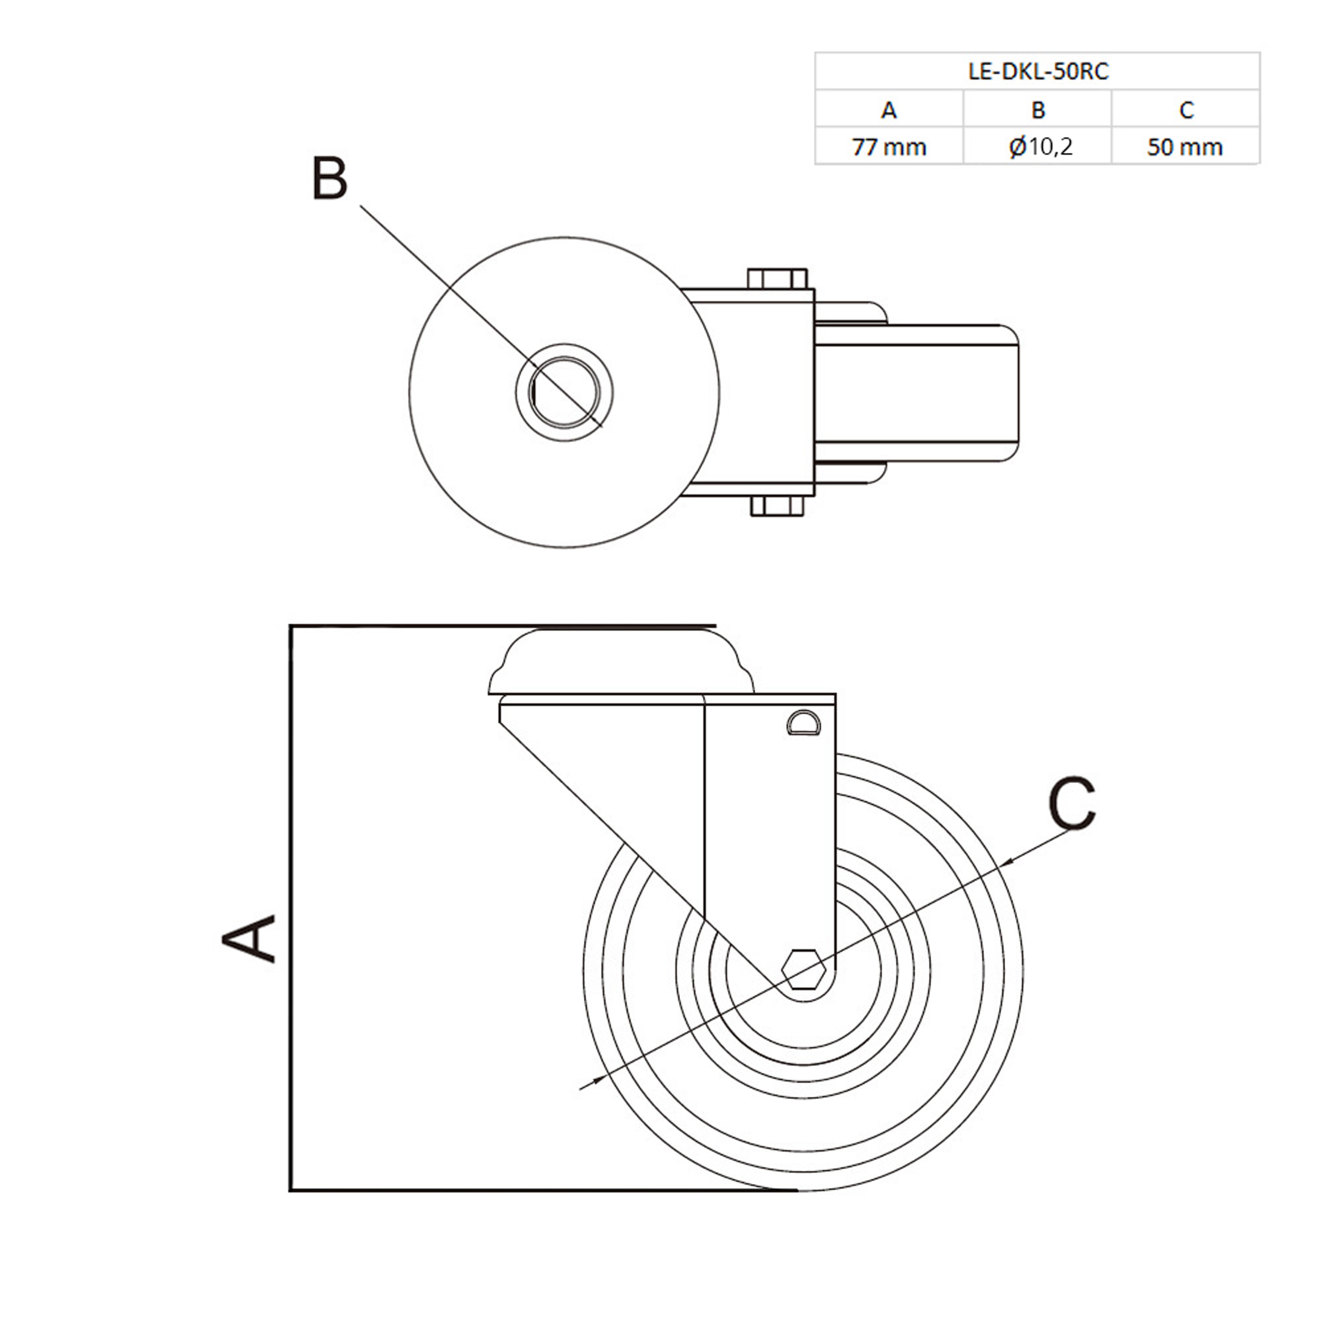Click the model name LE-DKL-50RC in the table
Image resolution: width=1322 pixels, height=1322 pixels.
click(x=1038, y=71)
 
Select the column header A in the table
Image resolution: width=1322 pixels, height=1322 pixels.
click(x=888, y=109)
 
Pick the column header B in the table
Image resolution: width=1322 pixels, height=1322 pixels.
click(x=1038, y=109)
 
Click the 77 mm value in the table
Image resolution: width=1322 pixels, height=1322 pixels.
click(x=888, y=146)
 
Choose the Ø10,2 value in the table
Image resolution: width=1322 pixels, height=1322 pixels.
click(x=1040, y=146)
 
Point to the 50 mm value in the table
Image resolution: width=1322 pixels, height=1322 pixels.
click(x=1185, y=146)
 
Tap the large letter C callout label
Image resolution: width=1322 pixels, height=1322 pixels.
click(x=1071, y=804)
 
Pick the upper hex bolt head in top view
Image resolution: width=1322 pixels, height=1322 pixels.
click(x=777, y=279)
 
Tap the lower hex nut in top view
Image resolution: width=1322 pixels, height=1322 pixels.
click(x=777, y=507)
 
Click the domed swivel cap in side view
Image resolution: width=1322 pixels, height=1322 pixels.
click(x=621, y=663)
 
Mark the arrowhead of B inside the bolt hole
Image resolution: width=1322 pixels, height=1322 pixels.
click(x=594, y=419)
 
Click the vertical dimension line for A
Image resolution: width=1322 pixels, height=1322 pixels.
click(x=291, y=910)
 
